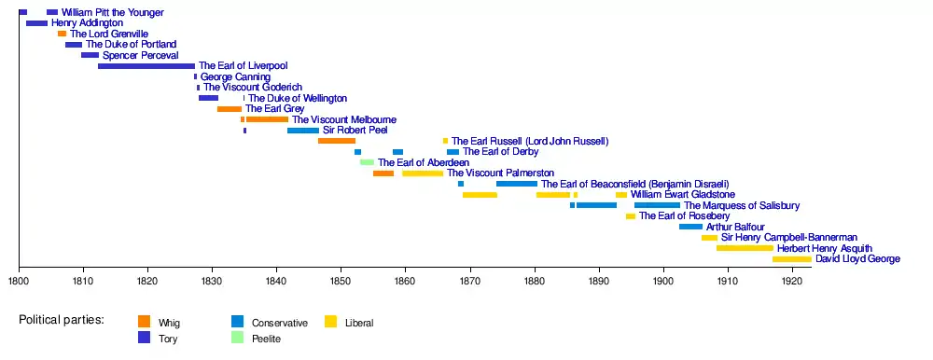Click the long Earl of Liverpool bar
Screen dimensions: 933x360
point(146,66)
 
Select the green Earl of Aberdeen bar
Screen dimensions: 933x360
point(367,162)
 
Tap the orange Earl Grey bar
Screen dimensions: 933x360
point(230,109)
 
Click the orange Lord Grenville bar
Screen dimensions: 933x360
point(62,34)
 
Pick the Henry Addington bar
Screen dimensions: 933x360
point(37,23)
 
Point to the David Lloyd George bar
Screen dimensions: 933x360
point(792,259)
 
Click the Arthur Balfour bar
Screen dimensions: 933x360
point(690,227)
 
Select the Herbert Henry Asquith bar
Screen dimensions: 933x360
point(745,248)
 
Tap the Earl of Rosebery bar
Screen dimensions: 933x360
point(631,216)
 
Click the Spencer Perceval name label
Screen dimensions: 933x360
point(141,55)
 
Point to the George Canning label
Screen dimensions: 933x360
point(236,76)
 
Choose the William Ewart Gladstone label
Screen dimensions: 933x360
point(683,195)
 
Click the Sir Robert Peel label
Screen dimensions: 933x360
point(355,131)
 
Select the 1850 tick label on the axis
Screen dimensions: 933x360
point(341,280)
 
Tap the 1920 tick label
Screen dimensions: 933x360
point(792,280)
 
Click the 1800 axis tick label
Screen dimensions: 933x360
point(19,280)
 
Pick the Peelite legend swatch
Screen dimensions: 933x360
point(237,338)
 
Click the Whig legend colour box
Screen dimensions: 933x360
point(144,322)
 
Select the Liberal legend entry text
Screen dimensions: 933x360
point(359,324)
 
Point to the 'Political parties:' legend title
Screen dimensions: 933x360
point(62,320)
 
